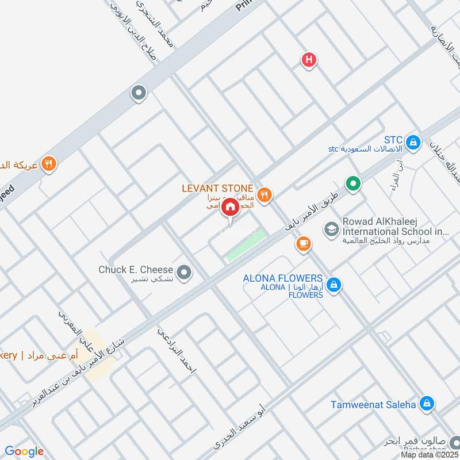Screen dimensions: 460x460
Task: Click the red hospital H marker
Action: coord(309,59)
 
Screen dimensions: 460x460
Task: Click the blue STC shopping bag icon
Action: coord(412,141)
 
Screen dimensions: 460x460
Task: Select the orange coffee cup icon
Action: coord(302,244)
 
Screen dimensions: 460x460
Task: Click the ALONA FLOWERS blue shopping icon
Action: coord(333,284)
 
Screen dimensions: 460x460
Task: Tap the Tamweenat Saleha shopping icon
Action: coord(426,404)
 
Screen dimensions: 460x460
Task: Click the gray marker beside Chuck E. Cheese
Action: coord(184,273)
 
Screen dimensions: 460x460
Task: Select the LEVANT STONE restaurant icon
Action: coord(264,195)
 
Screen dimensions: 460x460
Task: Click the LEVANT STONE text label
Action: coord(217,188)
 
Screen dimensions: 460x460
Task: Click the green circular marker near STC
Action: coord(353,183)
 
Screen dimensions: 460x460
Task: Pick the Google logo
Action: coord(24,451)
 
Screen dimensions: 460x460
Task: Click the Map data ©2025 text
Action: coord(429,455)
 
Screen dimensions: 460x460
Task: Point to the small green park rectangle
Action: coord(247,245)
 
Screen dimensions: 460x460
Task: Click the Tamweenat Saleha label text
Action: coord(373,404)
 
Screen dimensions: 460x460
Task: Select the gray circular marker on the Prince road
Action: coord(138,92)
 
